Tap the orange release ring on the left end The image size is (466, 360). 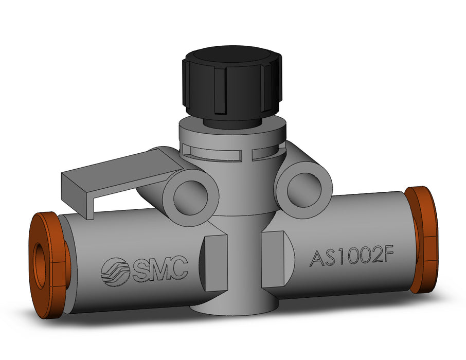pos(49,265)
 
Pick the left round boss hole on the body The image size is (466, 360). pos(189,194)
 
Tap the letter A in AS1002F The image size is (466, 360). pos(317,258)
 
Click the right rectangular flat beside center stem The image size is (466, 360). pos(275,259)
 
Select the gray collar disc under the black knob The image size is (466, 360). pos(231,133)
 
